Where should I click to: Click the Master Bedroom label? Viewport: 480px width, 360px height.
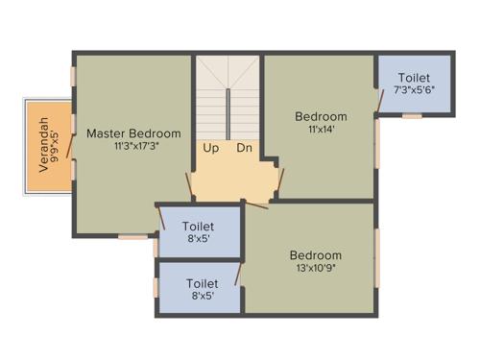click(x=133, y=133)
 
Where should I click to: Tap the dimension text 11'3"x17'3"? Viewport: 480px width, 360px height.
click(x=134, y=147)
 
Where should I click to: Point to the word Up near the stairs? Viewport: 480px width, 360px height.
click(x=210, y=148)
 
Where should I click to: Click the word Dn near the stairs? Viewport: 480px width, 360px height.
click(x=244, y=148)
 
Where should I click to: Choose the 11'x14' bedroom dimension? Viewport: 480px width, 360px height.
click(x=321, y=131)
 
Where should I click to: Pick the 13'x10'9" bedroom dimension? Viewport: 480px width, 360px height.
click(x=316, y=269)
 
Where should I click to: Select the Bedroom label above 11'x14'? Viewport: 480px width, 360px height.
click(x=321, y=117)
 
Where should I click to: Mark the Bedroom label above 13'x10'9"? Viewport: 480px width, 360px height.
click(x=316, y=255)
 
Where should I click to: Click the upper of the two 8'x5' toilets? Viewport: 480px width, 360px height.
click(x=198, y=232)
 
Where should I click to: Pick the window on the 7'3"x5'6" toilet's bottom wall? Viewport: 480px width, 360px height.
click(x=412, y=116)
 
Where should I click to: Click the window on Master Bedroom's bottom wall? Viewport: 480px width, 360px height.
click(x=132, y=236)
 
